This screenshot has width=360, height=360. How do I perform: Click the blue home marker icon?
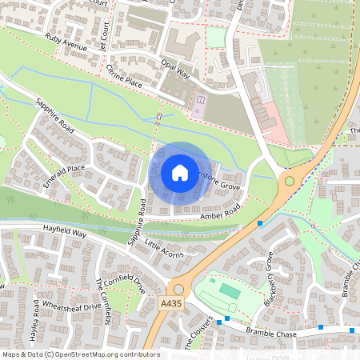coord(179,173)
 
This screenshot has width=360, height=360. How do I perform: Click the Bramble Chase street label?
coord(270,331)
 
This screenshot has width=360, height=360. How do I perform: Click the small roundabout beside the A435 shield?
coord(178,289)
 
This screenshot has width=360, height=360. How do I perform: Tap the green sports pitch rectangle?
coord(230,290)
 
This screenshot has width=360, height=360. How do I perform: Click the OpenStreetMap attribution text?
coord(80,354)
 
